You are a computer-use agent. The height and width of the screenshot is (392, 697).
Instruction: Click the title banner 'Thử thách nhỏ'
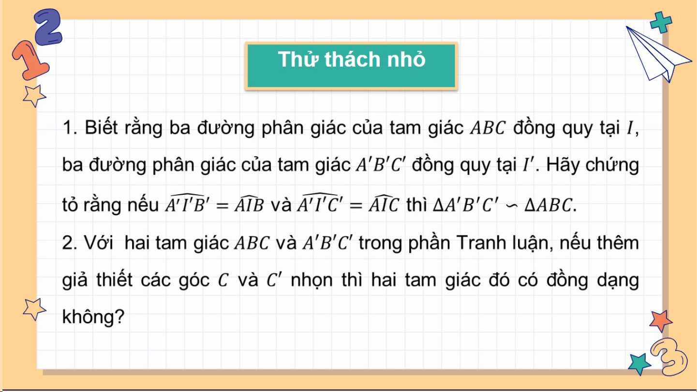[351, 66]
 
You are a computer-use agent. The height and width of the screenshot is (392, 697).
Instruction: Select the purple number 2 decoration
[48, 27]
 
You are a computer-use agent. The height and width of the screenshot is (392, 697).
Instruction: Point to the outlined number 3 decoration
[669, 356]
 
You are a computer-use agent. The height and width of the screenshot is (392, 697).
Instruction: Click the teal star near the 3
[639, 363]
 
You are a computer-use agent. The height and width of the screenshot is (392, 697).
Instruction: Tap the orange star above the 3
[660, 321]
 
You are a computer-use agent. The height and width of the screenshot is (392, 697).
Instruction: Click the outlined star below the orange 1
[34, 96]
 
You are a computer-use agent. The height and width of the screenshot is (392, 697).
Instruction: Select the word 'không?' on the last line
[93, 317]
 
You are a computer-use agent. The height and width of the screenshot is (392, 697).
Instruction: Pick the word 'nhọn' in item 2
[312, 280]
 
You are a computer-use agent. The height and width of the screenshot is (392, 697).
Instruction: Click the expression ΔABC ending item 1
[548, 205]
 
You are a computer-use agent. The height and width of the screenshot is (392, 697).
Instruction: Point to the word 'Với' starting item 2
[98, 243]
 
